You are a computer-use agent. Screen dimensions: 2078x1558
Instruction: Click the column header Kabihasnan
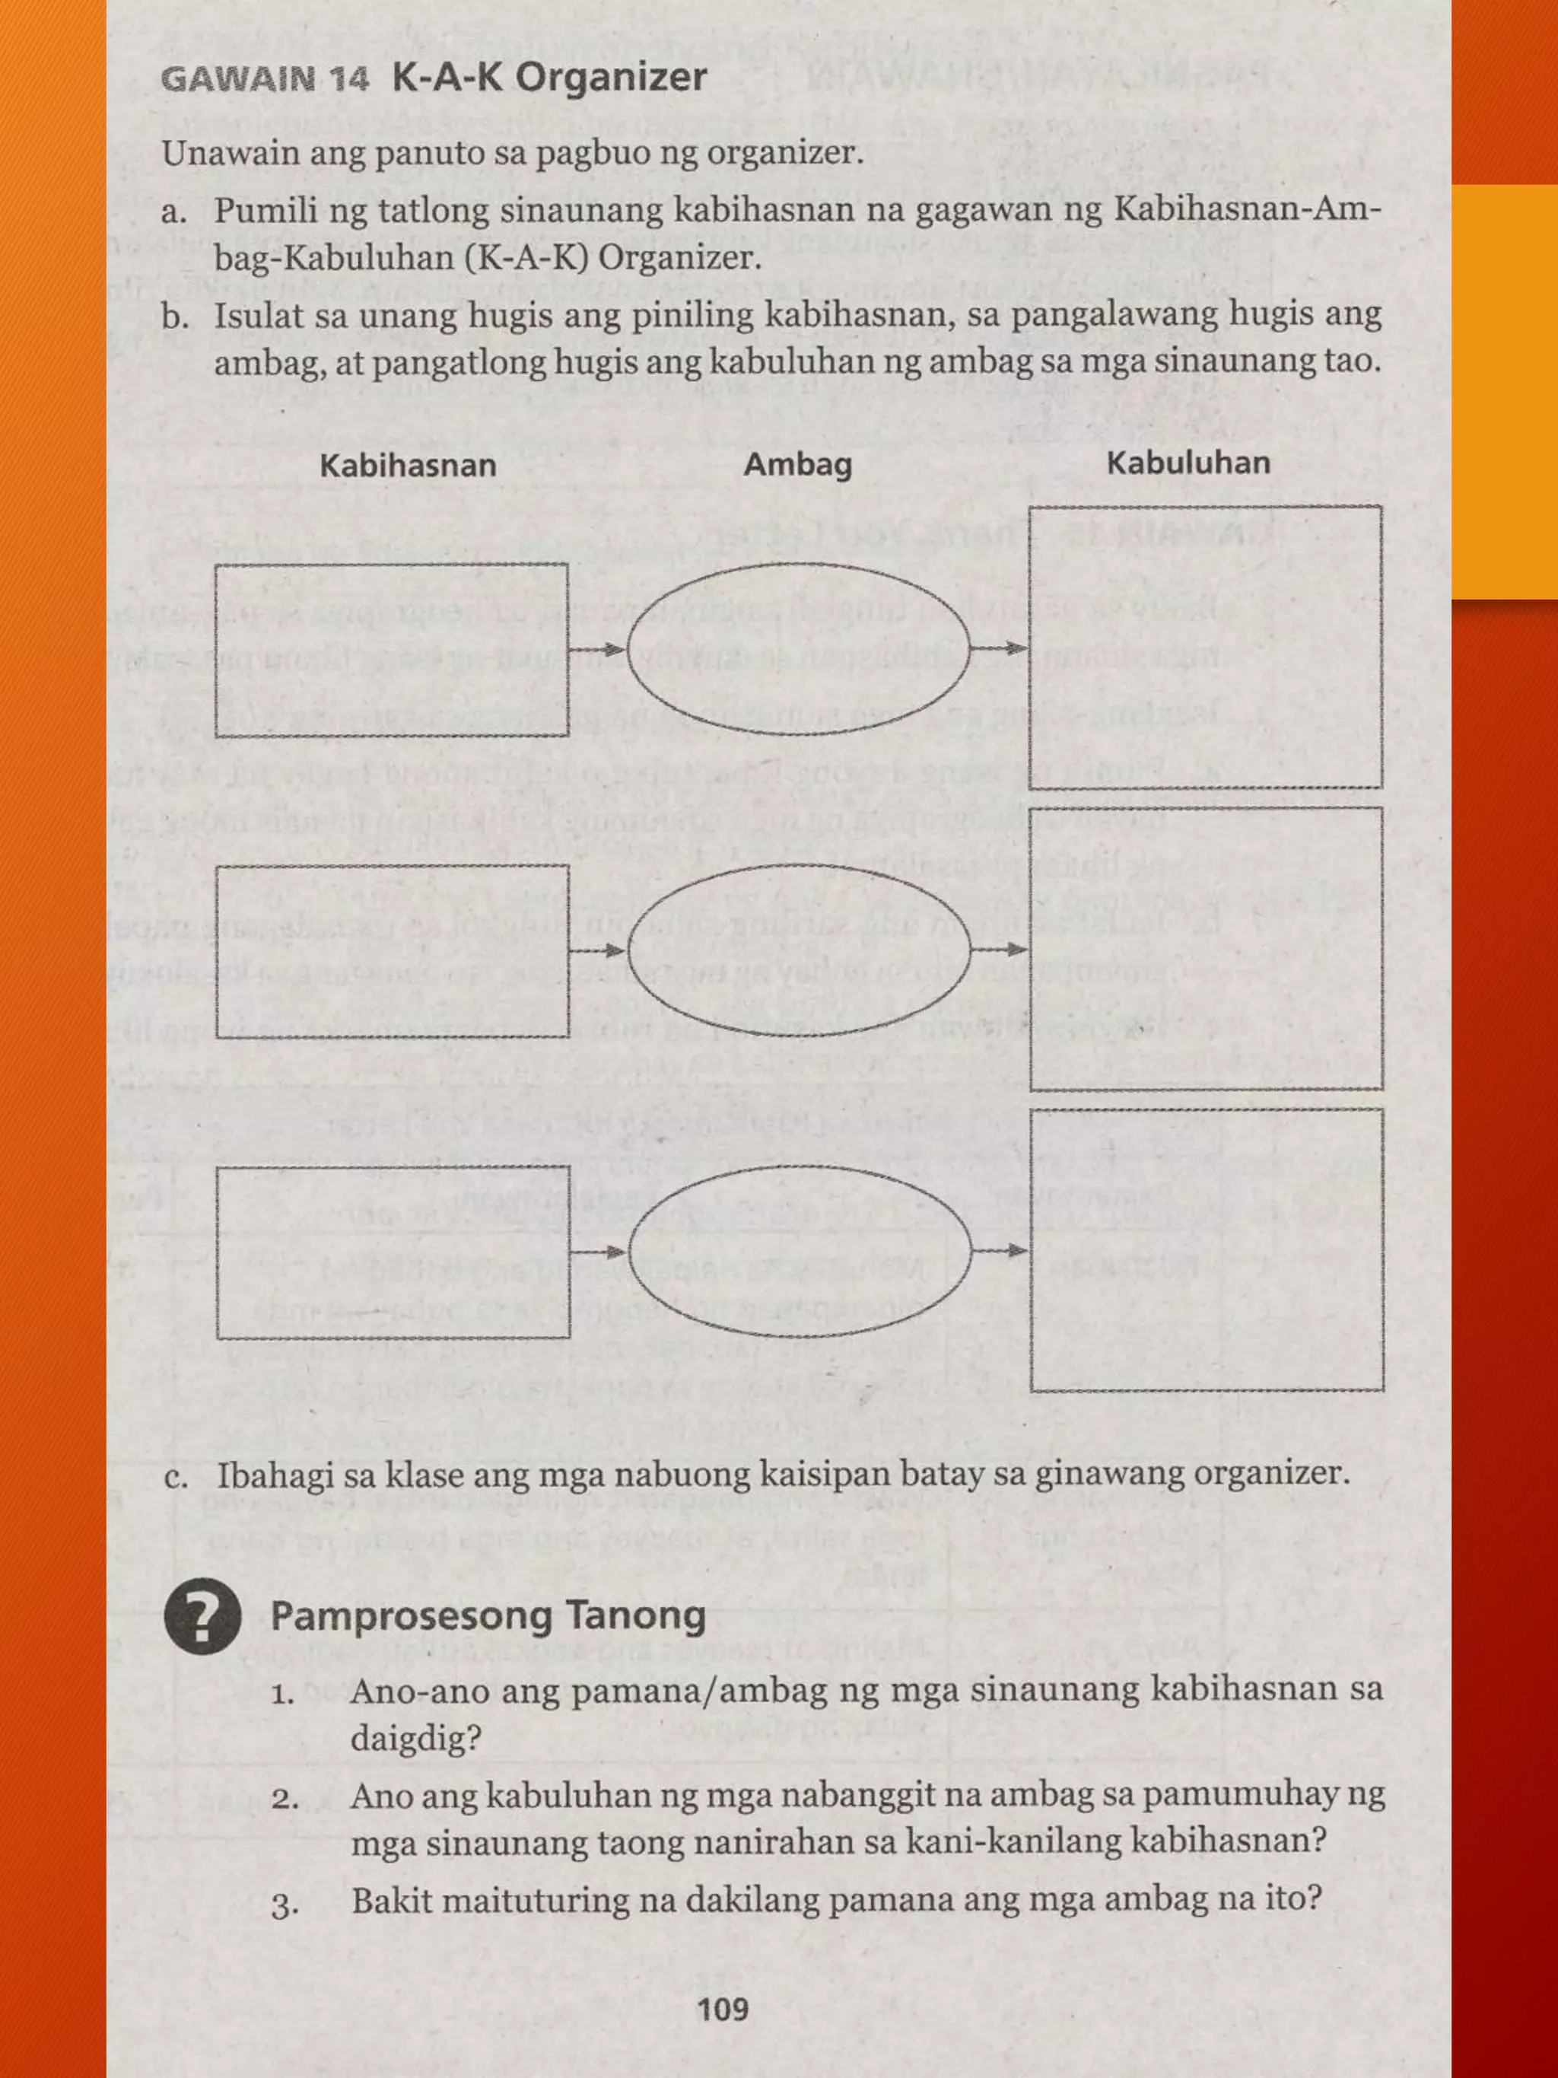pos(408,466)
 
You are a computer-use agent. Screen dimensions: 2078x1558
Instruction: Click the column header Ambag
pos(797,465)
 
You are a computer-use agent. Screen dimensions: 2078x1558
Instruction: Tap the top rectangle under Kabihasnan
pos(392,650)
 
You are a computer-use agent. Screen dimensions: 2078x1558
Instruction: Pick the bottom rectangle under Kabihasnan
pos(393,1252)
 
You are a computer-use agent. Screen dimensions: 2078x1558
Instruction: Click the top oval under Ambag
pos(798,649)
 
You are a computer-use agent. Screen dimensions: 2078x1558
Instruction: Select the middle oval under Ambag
pos(798,950)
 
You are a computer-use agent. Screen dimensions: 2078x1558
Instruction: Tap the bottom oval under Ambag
pos(798,1252)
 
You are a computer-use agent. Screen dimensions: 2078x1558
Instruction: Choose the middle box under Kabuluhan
pos(1206,949)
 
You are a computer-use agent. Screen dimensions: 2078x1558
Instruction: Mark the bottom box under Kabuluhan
pos(1207,1249)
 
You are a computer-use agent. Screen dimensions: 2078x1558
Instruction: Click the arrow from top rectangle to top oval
pos(598,649)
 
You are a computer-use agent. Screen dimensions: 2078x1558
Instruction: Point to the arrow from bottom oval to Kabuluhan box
pos(1000,1250)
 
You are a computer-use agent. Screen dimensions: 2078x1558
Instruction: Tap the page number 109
pos(723,2010)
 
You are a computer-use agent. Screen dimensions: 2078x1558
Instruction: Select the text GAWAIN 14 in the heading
pos(265,79)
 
